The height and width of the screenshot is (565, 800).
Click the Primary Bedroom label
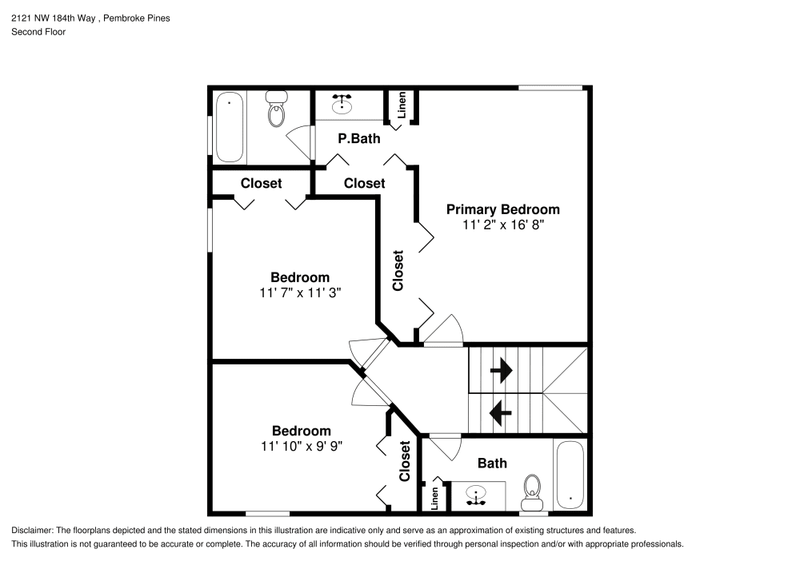point(502,209)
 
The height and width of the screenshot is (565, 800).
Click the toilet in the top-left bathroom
point(277,112)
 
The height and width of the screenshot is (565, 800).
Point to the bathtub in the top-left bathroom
point(230,127)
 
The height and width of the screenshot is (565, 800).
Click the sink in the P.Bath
point(343,104)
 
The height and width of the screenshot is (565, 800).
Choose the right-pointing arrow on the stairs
point(501,370)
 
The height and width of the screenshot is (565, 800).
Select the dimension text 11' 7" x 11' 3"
point(300,293)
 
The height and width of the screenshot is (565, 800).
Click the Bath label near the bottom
point(492,463)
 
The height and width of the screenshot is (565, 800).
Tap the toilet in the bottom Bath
point(532,491)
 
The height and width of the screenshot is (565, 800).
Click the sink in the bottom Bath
point(477,495)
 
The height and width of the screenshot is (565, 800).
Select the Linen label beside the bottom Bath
point(435,498)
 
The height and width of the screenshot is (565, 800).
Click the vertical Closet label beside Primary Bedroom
point(398,270)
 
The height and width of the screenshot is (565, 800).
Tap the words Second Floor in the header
point(38,32)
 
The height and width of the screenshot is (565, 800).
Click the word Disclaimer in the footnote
point(30,531)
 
